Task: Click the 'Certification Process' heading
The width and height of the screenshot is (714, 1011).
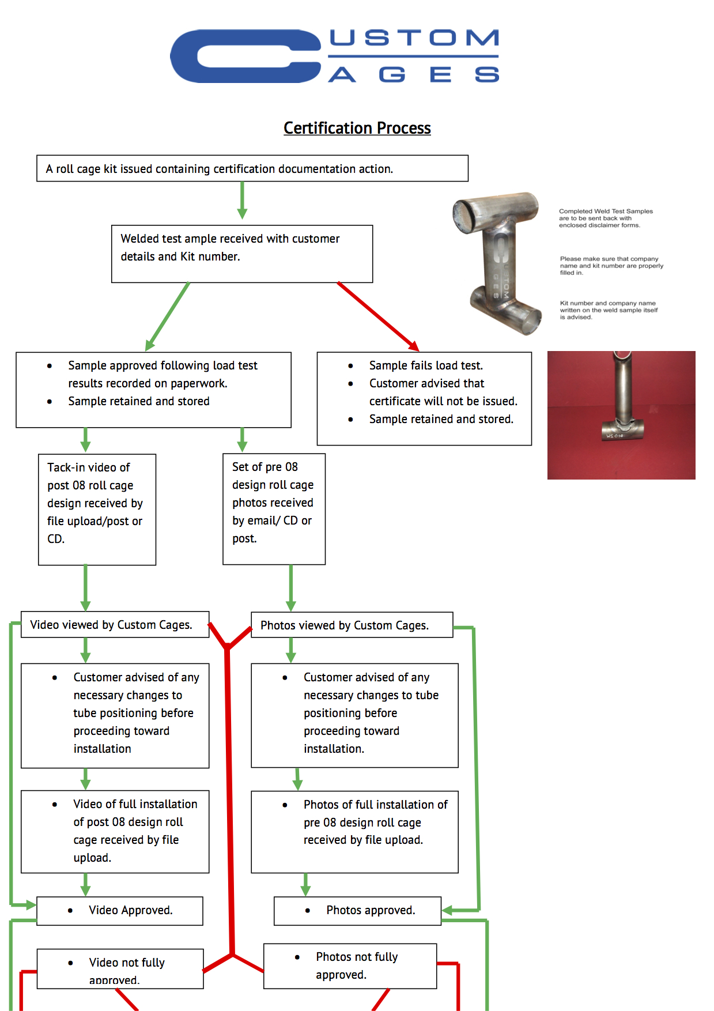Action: point(357,128)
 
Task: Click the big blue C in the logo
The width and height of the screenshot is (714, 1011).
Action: point(242,56)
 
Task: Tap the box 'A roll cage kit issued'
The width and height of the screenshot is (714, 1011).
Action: point(252,168)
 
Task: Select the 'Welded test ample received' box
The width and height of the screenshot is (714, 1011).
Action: point(242,254)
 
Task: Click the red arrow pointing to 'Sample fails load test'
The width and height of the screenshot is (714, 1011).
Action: point(377,316)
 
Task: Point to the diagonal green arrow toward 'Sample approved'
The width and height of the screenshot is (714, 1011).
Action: point(167,317)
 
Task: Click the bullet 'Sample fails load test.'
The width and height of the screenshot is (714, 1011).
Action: point(425,365)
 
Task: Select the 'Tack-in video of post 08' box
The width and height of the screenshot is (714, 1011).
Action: point(97,509)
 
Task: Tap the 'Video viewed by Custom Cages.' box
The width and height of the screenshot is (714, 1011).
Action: point(115,625)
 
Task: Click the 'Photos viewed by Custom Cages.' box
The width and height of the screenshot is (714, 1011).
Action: point(352,625)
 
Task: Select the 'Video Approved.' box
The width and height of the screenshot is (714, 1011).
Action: point(120,911)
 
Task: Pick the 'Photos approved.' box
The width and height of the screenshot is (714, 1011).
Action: point(357,911)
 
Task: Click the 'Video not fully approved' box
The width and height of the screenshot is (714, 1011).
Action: point(120,969)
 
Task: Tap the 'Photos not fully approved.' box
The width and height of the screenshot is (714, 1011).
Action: point(350,966)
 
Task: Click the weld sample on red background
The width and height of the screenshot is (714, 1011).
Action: point(621,415)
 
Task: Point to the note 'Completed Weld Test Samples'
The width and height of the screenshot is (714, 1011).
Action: point(605,218)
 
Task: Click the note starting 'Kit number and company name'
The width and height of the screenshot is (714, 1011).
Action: point(608,310)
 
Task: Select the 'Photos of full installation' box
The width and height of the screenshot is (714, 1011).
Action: point(354,831)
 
